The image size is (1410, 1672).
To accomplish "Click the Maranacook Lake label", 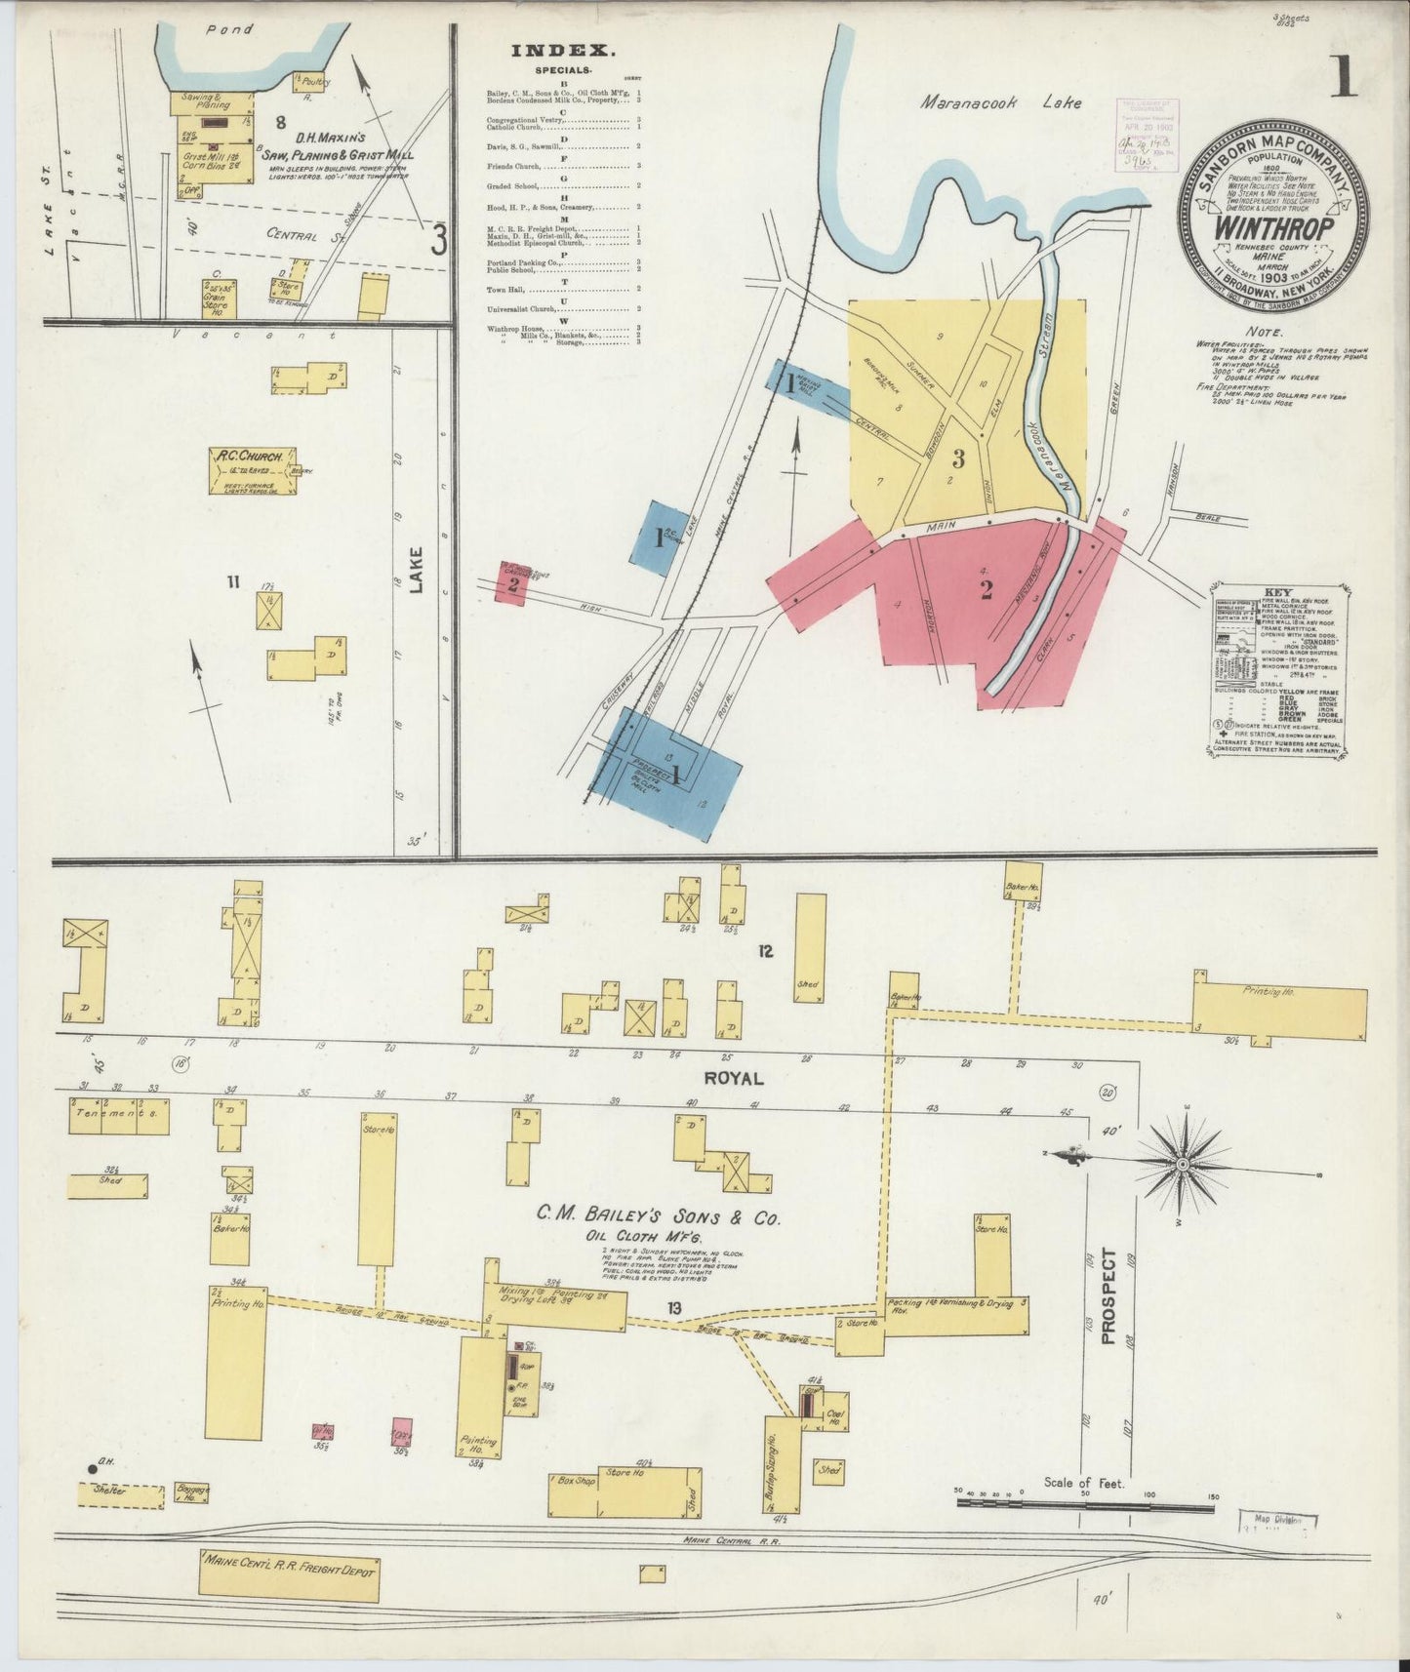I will point(1001,101).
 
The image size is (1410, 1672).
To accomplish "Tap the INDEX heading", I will point(561,51).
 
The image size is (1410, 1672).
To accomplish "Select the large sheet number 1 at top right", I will point(1342,78).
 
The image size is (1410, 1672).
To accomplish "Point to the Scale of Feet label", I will point(1084,1510).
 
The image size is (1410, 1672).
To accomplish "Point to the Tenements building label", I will point(118,1113).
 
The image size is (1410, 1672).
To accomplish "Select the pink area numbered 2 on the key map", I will point(987,589).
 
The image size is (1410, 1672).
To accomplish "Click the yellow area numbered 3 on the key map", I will point(959,458).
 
